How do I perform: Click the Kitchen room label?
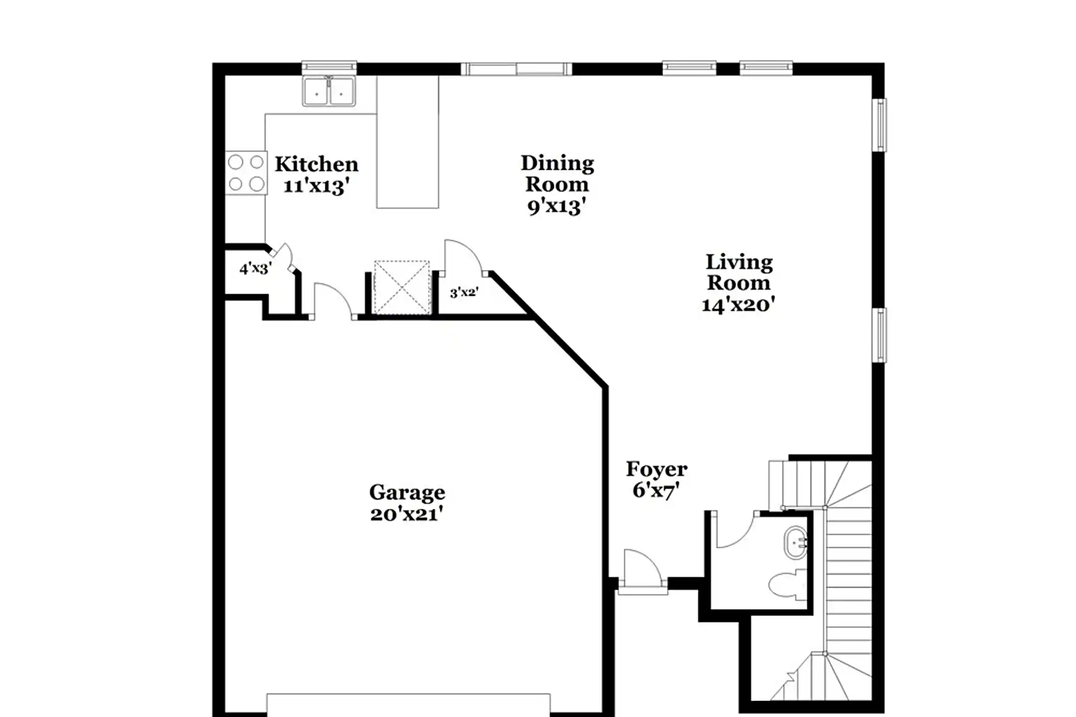tap(316, 164)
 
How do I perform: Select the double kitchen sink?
tap(329, 92)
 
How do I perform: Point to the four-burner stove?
tap(246, 173)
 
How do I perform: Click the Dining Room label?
tap(557, 173)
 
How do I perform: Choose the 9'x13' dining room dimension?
tap(556, 206)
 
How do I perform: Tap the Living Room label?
tap(739, 272)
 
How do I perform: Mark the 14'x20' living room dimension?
tap(738, 304)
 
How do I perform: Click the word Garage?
tap(407, 492)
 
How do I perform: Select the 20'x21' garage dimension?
tap(406, 514)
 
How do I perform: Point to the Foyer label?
tap(657, 469)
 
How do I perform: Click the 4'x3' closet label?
tap(255, 269)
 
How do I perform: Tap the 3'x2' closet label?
tap(464, 293)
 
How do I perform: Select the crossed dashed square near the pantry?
tap(402, 287)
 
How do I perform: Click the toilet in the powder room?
tap(788, 585)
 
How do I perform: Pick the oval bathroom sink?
tap(796, 542)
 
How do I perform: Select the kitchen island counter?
tap(407, 142)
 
